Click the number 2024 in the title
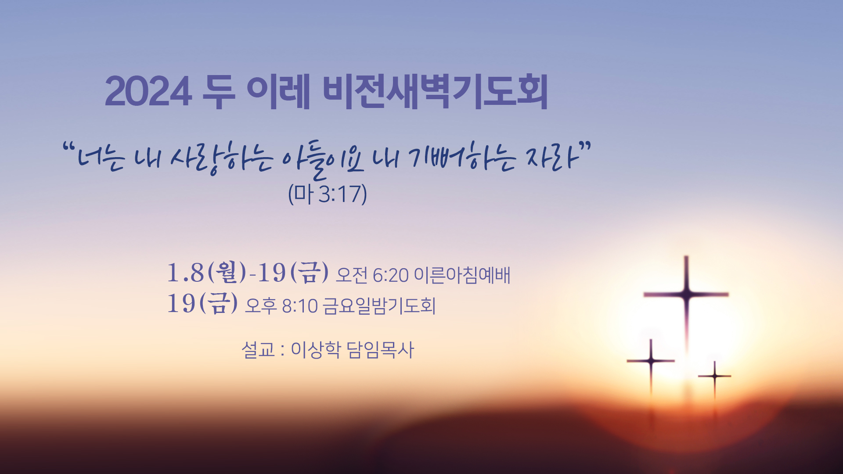[148, 92]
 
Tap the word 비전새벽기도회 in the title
[436, 91]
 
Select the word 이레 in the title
[279, 91]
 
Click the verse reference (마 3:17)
[328, 194]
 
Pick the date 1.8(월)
[207, 272]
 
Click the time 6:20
[390, 276]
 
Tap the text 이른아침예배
[462, 275]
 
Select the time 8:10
[299, 306]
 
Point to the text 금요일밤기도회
[379, 306]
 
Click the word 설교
[258, 350]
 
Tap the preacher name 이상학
[316, 350]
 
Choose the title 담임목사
[380, 350]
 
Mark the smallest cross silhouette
[715, 376]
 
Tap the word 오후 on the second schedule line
[261, 306]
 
